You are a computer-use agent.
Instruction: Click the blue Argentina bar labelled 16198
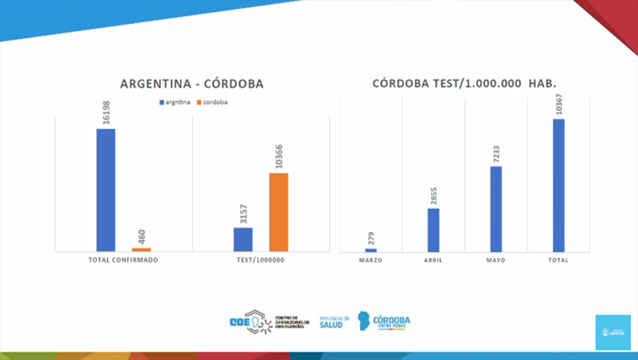(x=106, y=189)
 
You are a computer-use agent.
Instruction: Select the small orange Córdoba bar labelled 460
(x=141, y=249)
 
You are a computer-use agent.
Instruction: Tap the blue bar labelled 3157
(x=243, y=239)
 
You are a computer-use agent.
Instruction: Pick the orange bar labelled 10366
(x=279, y=212)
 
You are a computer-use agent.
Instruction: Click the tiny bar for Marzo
(x=371, y=250)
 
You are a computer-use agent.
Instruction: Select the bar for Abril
(x=433, y=230)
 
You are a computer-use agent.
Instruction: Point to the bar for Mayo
(x=496, y=208)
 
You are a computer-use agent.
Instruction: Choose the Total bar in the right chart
(x=559, y=185)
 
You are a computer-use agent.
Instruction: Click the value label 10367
(x=559, y=104)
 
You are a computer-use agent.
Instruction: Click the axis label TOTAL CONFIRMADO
(x=123, y=260)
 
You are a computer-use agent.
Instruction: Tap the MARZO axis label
(x=370, y=260)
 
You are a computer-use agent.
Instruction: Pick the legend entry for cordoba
(x=216, y=103)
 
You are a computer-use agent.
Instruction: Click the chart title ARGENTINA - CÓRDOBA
(x=191, y=84)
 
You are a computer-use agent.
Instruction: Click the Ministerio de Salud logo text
(x=331, y=321)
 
